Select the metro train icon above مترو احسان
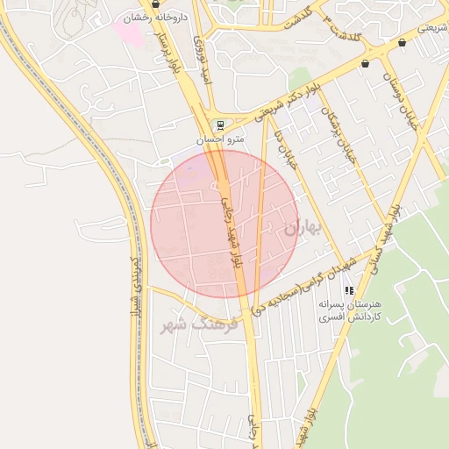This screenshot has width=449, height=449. pyautogui.click(x=217, y=125)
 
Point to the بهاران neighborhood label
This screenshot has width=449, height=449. pyautogui.click(x=303, y=228)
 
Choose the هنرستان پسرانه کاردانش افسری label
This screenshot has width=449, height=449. pyautogui.click(x=349, y=309)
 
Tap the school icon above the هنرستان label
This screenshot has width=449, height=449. pyautogui.click(x=348, y=290)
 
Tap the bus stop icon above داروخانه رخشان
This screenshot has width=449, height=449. pyautogui.click(x=155, y=4)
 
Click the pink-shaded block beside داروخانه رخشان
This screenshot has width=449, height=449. pyautogui.click(x=128, y=33)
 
